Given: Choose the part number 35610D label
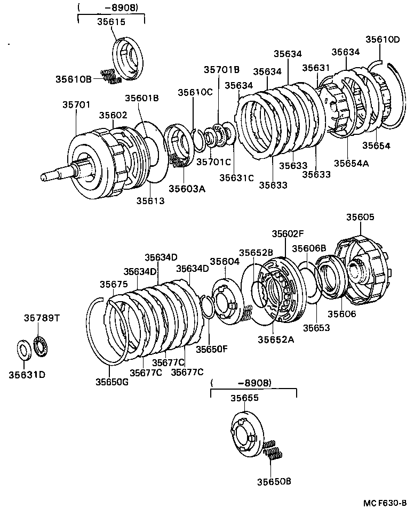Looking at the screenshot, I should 383,39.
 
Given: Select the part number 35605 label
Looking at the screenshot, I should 360,217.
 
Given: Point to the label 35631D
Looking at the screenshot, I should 27,374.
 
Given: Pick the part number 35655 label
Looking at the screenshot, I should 244,398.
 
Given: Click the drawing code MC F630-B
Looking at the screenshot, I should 386,503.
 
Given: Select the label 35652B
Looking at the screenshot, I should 256,253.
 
